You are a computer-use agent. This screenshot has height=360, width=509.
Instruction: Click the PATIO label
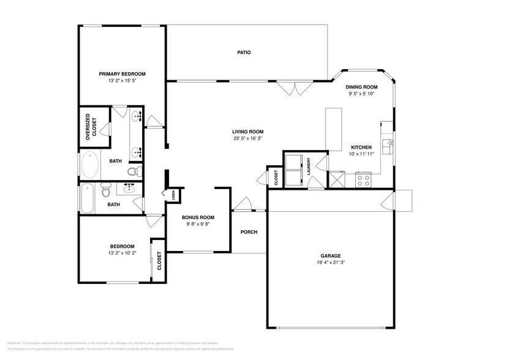pyautogui.click(x=244, y=53)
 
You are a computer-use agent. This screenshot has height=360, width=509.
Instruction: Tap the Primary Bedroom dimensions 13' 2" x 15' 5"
pyautogui.click(x=122, y=81)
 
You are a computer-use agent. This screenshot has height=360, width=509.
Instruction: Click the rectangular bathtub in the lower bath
pyautogui.click(x=87, y=198)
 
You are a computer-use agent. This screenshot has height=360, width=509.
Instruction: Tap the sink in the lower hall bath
pyautogui.click(x=130, y=188)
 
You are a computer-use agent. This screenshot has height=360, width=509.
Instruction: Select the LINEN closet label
pyautogui.click(x=174, y=197)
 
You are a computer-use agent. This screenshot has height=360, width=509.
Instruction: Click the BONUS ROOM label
pyautogui.click(x=198, y=217)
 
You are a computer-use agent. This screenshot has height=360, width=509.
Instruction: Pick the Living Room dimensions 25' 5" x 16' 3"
pyautogui.click(x=247, y=139)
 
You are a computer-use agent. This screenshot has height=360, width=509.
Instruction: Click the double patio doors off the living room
pyautogui.click(x=290, y=89)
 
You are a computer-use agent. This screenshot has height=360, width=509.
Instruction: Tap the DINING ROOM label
pyautogui.click(x=361, y=88)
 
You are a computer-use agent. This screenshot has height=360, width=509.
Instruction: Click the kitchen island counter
pyautogui.click(x=333, y=129)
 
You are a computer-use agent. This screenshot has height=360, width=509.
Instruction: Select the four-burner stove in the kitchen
pyautogui.click(x=363, y=181)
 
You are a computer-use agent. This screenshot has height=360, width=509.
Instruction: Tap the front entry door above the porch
pyautogui.click(x=244, y=204)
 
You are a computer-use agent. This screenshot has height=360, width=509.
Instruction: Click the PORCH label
pyautogui.click(x=249, y=232)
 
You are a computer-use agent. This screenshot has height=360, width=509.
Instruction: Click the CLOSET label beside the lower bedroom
pyautogui.click(x=159, y=261)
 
